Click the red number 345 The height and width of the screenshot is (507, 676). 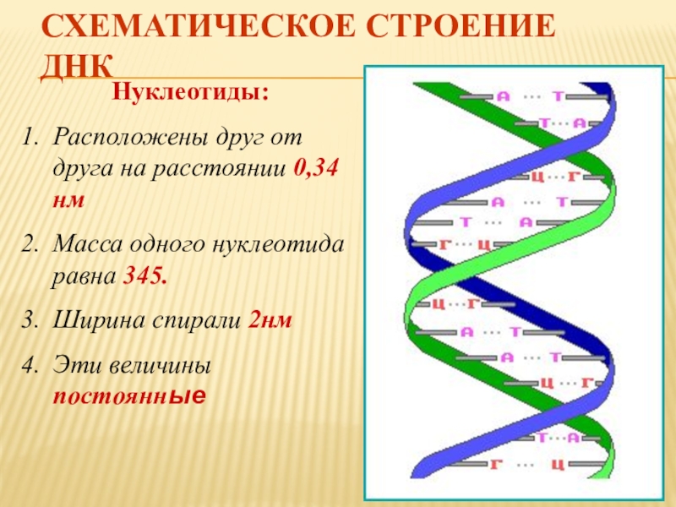(x=144, y=276)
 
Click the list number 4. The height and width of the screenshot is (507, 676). (x=30, y=365)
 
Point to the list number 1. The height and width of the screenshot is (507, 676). (x=30, y=136)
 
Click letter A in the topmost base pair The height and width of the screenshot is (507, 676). (x=503, y=97)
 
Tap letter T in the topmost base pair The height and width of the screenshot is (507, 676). (x=559, y=97)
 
